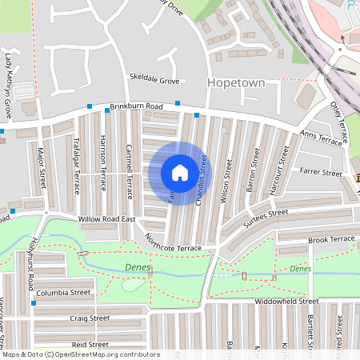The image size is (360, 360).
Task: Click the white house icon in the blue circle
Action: [x=179, y=172]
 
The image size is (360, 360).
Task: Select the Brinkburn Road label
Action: [x=137, y=106]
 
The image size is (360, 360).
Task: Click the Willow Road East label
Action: [x=109, y=218]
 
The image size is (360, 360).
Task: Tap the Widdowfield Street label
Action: [x=286, y=302]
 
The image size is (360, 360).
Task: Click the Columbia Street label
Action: [x=63, y=293]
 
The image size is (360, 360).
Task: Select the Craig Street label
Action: [x=89, y=318]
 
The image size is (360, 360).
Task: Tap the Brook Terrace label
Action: [x=330, y=239]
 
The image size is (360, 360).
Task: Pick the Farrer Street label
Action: [x=320, y=171]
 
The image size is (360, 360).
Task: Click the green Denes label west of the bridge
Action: [x=138, y=267]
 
